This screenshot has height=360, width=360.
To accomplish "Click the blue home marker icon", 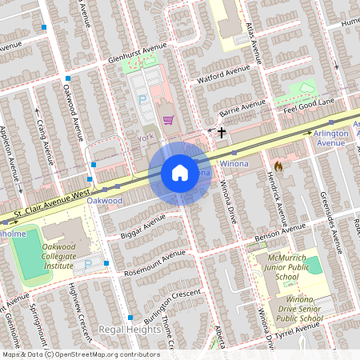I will [180, 173].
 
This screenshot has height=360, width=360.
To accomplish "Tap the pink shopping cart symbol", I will [168, 120].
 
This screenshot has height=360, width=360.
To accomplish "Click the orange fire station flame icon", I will [278, 166].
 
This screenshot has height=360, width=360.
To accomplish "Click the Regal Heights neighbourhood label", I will [124, 330].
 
